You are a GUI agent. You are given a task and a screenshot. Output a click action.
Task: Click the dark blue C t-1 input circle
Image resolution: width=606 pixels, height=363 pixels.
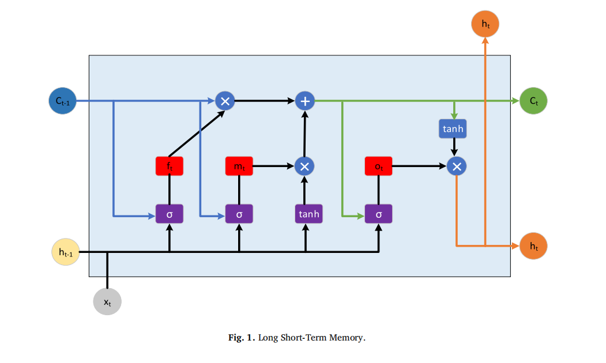(62, 101)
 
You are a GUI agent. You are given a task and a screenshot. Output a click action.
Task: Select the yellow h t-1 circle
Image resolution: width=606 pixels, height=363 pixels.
(66, 252)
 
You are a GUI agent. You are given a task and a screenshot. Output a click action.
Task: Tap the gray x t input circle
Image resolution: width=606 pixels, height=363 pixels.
(107, 301)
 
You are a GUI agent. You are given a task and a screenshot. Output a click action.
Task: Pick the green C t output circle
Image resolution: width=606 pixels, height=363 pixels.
(533, 101)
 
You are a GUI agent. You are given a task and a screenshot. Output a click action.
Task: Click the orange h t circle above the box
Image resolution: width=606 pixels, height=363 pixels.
(485, 24)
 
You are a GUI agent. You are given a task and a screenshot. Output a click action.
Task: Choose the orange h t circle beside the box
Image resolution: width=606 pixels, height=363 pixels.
(533, 246)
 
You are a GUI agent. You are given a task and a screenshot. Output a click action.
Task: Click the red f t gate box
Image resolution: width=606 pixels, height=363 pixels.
(170, 166)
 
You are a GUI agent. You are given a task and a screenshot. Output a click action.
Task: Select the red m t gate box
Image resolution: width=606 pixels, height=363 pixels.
(239, 166)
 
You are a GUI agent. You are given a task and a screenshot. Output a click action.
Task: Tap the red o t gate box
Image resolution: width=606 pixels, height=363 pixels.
(378, 166)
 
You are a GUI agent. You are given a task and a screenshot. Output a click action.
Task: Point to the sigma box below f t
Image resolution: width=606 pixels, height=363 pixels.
(170, 214)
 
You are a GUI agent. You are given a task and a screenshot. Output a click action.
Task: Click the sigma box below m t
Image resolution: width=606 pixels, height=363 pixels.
(239, 214)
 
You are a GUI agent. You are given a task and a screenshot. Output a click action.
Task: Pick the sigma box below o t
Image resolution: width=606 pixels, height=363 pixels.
(378, 214)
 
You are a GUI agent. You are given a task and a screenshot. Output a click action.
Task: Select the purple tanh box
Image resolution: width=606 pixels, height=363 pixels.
(308, 214)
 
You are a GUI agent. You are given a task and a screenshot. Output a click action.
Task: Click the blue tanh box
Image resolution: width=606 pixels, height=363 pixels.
(453, 128)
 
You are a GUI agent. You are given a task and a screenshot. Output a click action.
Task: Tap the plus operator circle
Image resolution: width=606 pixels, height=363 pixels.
(305, 101)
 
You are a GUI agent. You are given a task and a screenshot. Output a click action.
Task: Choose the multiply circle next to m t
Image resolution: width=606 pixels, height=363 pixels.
(304, 166)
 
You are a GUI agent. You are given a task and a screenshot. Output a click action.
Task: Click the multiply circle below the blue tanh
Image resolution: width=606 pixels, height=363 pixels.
(457, 166)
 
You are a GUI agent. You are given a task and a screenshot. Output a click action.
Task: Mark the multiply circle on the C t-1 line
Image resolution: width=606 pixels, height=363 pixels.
(225, 101)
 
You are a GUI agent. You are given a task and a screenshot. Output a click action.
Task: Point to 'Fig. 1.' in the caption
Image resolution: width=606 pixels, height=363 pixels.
(242, 338)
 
